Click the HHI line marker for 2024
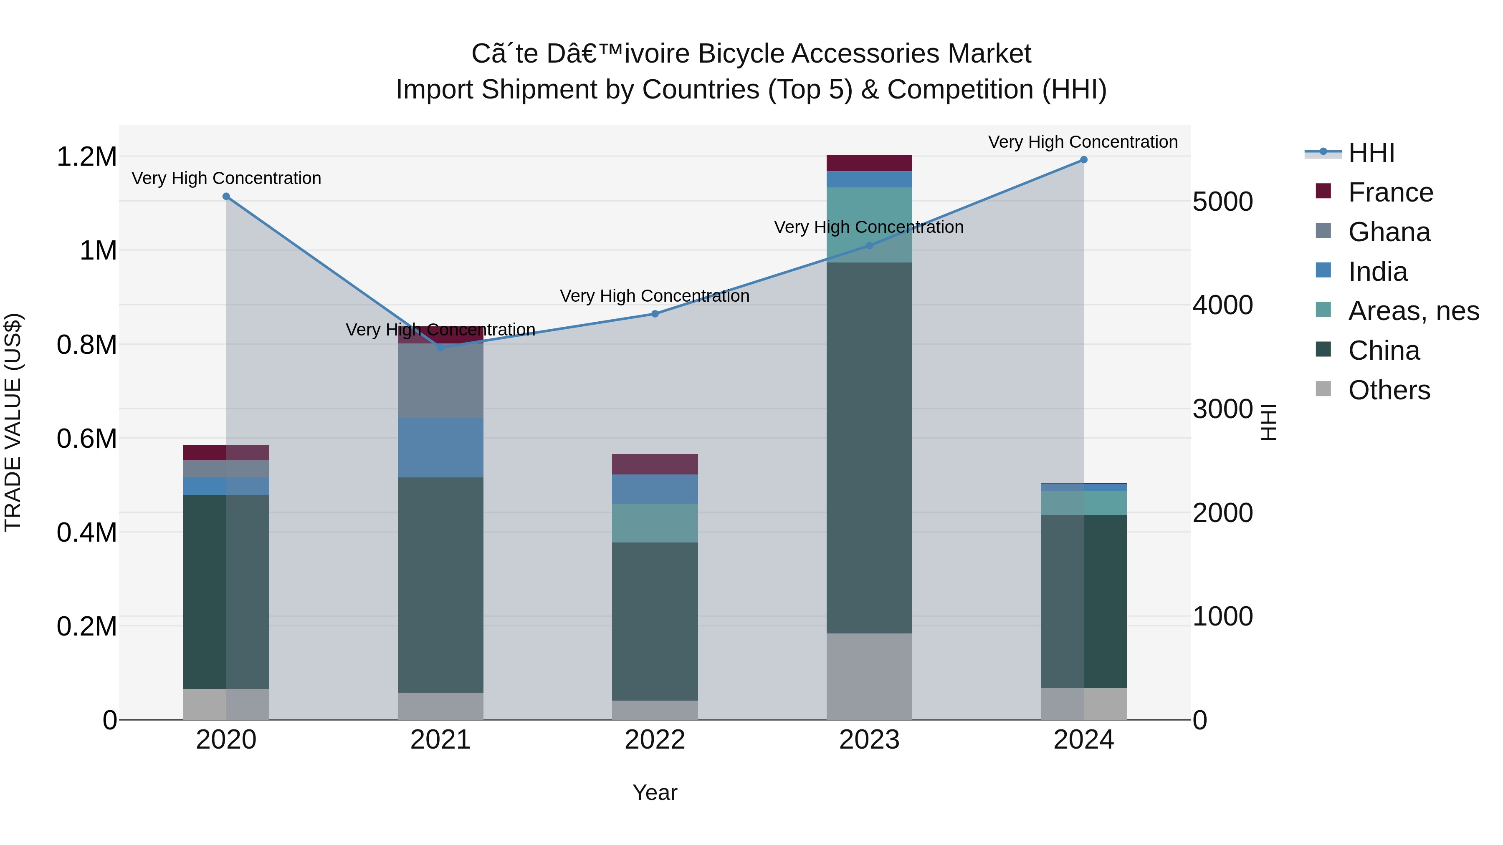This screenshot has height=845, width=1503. point(1083,160)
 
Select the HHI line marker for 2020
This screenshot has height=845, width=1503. point(226,197)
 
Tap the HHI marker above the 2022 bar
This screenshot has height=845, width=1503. point(655,314)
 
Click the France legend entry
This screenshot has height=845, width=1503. point(1390,192)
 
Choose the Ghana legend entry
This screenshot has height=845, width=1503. point(1389,232)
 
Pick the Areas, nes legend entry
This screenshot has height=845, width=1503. point(1413,311)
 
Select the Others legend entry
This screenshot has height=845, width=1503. point(1389,390)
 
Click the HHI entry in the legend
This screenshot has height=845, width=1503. point(1371,153)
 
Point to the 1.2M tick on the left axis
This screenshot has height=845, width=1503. point(86,157)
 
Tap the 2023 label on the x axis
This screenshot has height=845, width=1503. point(869,740)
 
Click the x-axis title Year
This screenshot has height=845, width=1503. point(655,792)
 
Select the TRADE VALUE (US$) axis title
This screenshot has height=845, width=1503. point(13,422)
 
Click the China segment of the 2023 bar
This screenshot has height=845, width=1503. point(869,448)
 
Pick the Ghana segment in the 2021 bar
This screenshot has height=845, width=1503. point(440,380)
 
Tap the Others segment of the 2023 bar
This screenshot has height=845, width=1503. point(869,676)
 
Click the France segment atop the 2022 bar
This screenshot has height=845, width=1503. point(655,464)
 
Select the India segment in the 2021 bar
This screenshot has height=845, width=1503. point(440,447)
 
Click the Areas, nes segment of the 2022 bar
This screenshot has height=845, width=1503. point(655,523)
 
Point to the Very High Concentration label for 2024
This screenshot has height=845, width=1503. point(1082,142)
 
